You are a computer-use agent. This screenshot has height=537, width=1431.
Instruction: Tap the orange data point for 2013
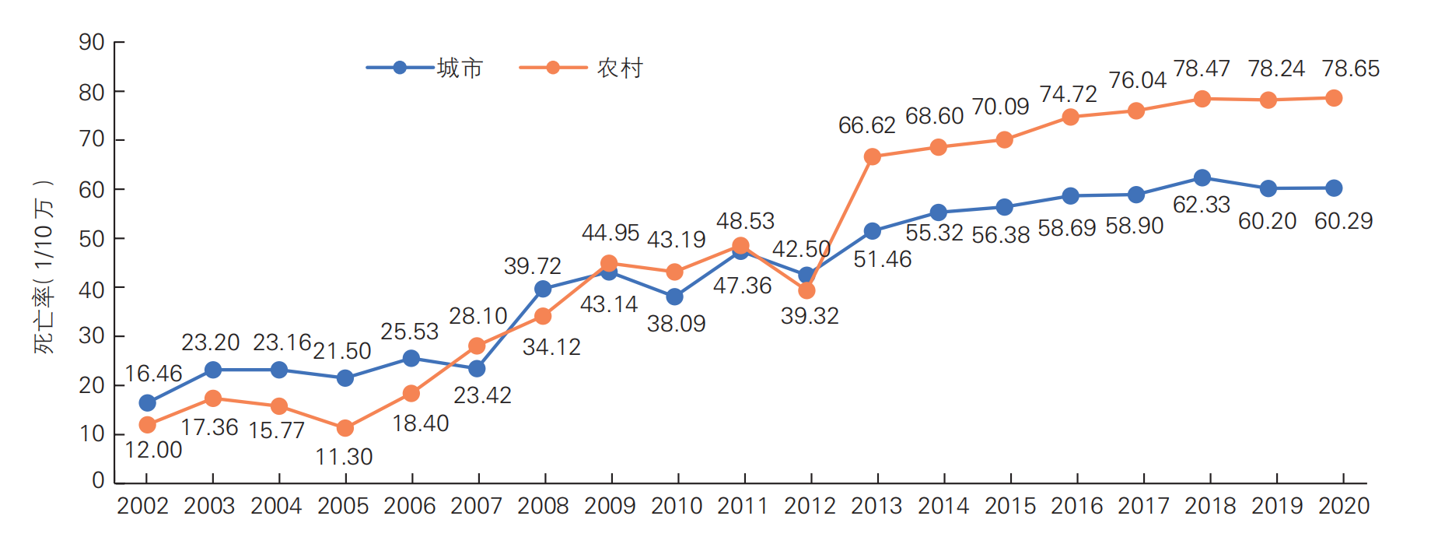pyautogui.click(x=872, y=156)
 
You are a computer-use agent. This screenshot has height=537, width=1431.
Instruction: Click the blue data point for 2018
pyautogui.click(x=1202, y=177)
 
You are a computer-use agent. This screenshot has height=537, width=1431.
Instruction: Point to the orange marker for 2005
pyautogui.click(x=345, y=428)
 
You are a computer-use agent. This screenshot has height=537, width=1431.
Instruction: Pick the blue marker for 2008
pyautogui.click(x=543, y=289)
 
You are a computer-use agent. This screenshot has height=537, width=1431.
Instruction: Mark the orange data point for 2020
pyautogui.click(x=1333, y=98)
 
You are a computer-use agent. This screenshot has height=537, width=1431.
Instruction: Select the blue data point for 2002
pyautogui.click(x=147, y=402)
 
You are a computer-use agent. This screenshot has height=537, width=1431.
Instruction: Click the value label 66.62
pyautogui.click(x=866, y=125)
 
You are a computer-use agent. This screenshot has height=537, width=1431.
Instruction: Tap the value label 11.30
pyautogui.click(x=344, y=457)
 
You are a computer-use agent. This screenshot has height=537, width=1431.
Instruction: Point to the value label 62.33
pyautogui.click(x=1201, y=205)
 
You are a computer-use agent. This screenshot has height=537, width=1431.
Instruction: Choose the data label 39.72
pyautogui.click(x=532, y=266)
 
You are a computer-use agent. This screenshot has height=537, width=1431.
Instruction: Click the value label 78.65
pyautogui.click(x=1350, y=68)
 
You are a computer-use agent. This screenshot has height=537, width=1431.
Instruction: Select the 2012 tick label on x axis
pyautogui.click(x=810, y=506)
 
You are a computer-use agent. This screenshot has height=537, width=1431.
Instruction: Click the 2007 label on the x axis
pyautogui.click(x=476, y=506)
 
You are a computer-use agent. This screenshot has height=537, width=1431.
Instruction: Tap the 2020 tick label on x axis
pyautogui.click(x=1343, y=506)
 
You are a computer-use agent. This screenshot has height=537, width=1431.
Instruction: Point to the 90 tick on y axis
pyautogui.click(x=92, y=42)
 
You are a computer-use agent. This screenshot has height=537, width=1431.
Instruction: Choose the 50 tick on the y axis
pyautogui.click(x=92, y=239)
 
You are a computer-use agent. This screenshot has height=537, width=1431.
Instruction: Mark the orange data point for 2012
pyautogui.click(x=806, y=290)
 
